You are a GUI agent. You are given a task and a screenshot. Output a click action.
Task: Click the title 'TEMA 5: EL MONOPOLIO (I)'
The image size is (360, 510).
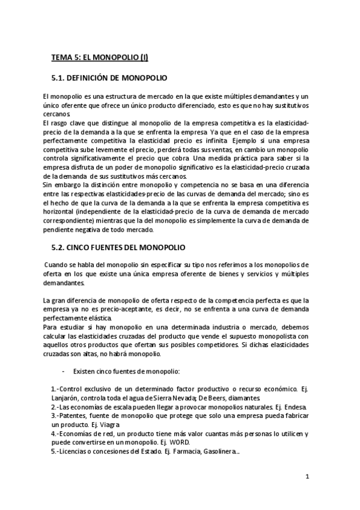(99, 58)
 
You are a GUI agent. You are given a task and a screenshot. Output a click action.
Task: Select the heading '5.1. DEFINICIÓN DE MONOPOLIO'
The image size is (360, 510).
(111, 78)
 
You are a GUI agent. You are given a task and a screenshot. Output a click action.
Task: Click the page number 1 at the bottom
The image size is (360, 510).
(307, 478)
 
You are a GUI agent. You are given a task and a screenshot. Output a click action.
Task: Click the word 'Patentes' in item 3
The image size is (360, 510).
(75, 416)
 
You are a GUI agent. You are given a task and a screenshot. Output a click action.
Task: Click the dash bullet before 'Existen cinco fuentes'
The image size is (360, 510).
(64, 371)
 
